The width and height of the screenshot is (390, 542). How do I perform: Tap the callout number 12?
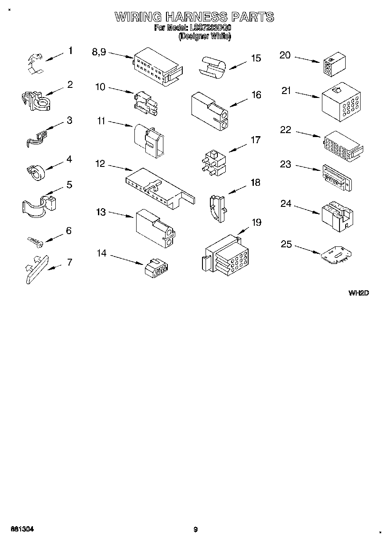[100, 164]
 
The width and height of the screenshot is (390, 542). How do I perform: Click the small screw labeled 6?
[34, 241]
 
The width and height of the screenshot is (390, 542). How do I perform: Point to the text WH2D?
[358, 293]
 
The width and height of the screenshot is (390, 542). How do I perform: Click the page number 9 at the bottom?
[195, 530]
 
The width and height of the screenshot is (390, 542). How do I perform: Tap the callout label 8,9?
[99, 52]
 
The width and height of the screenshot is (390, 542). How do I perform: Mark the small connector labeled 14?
[157, 268]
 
